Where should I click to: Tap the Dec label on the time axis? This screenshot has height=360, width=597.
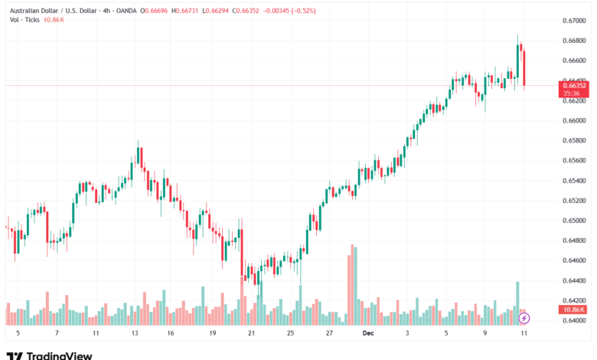pyautogui.click(x=367, y=334)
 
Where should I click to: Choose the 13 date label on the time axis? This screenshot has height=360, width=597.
pyautogui.click(x=135, y=334)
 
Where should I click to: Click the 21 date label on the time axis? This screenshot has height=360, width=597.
pyautogui.click(x=251, y=334)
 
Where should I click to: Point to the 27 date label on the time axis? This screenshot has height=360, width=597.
pyautogui.click(x=328, y=334)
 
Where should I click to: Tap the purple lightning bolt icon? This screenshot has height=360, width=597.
pyautogui.click(x=524, y=317)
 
